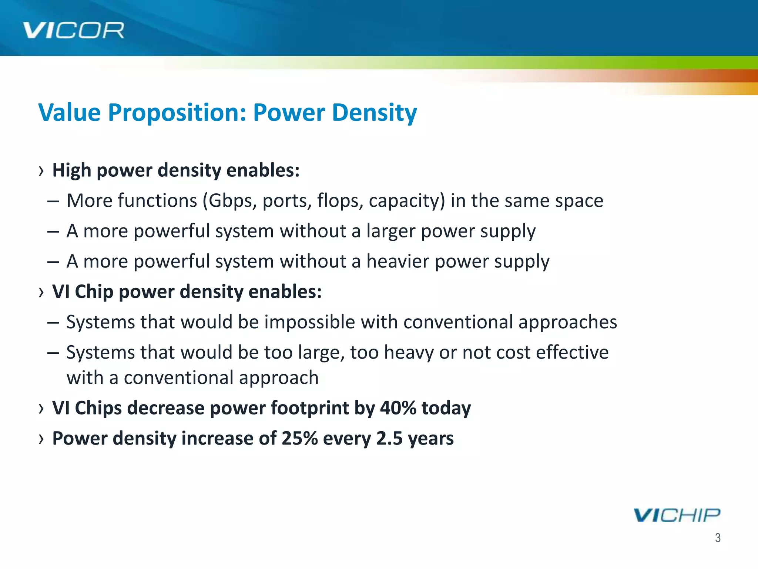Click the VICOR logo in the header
73,30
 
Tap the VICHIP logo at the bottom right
677,515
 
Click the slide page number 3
718,538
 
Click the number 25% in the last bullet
299,439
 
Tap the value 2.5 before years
389,439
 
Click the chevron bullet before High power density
41,171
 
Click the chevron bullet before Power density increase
41,439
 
